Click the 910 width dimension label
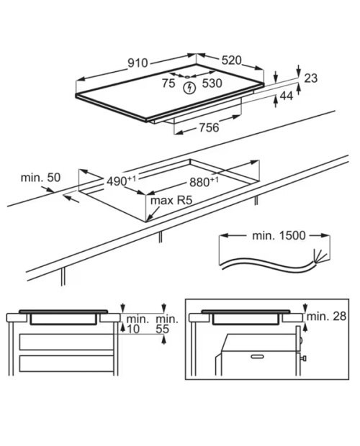[138, 63]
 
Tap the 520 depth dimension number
[232, 60]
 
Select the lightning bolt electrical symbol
[189, 88]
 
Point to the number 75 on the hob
[168, 83]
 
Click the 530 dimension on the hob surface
[212, 83]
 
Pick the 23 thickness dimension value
[311, 78]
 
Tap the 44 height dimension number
[287, 96]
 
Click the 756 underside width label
[210, 127]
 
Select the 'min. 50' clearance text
[41, 178]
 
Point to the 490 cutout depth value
[121, 181]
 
